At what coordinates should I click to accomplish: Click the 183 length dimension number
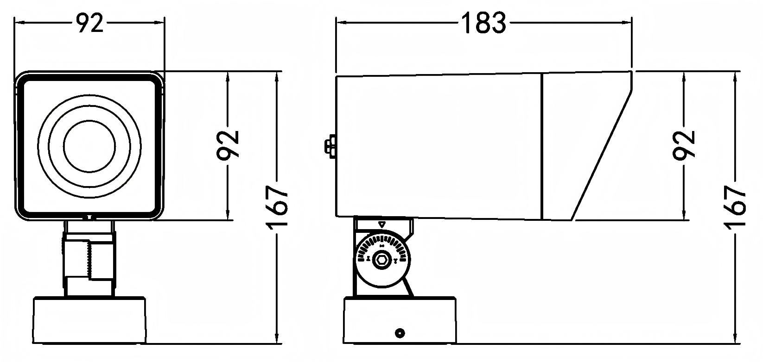coord(483,23)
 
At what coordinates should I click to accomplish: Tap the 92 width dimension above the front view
coord(89,24)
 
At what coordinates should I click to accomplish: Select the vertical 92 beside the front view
coord(228,145)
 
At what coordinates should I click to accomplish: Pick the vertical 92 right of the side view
coord(684,145)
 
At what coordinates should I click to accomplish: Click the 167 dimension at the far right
coord(734,207)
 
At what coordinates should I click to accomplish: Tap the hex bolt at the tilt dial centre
coord(381,261)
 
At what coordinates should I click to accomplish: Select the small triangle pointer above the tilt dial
coord(382,225)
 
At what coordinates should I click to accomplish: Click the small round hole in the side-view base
coord(400,333)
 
